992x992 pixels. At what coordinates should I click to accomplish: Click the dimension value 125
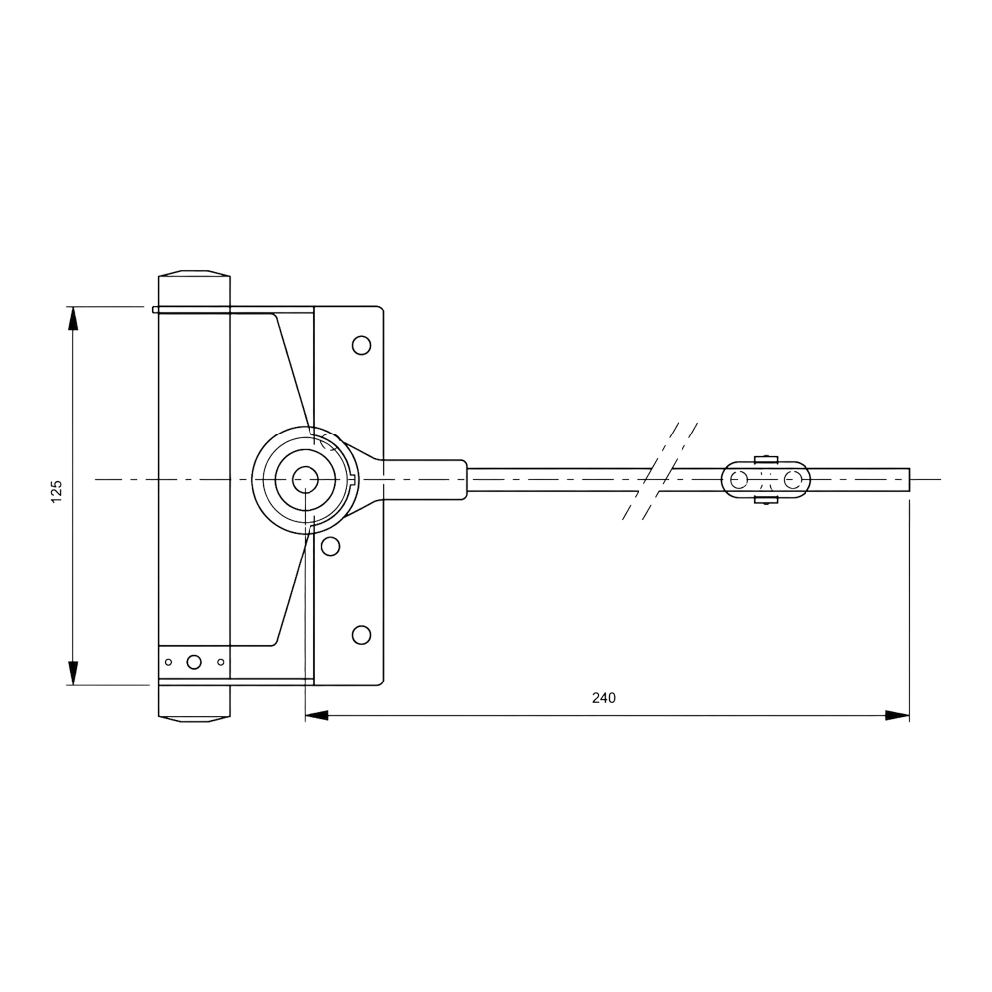point(57,492)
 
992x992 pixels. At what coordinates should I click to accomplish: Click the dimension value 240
point(603,697)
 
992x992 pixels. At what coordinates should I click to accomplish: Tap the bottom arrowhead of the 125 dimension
point(73,674)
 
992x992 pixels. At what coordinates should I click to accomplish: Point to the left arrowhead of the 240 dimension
point(317,715)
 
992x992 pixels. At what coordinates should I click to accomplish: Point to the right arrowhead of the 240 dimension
point(897,715)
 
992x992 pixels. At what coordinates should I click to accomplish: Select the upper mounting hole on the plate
point(361,345)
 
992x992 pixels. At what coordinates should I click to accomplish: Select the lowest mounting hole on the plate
point(361,635)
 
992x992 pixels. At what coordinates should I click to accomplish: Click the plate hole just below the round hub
point(330,546)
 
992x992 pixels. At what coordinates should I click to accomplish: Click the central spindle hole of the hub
point(305,479)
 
